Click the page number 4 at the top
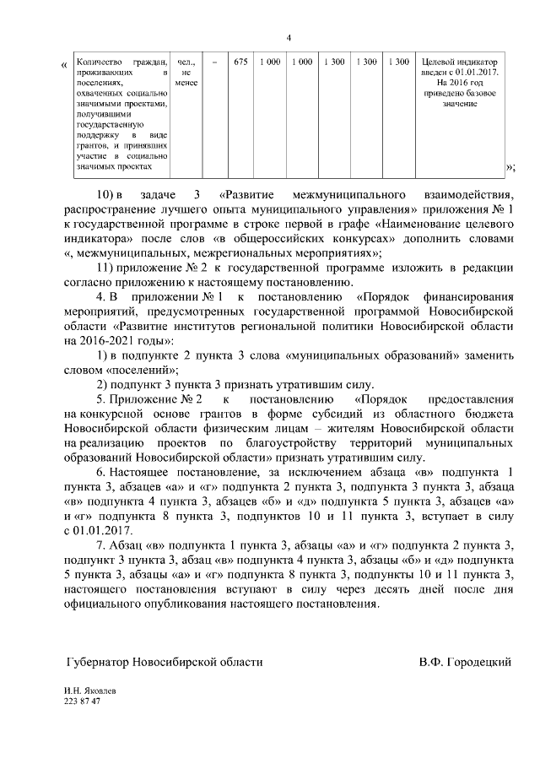point(288,37)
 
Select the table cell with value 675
point(240,62)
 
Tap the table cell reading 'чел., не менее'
point(186,73)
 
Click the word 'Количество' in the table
point(98,62)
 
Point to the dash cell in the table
point(214,62)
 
